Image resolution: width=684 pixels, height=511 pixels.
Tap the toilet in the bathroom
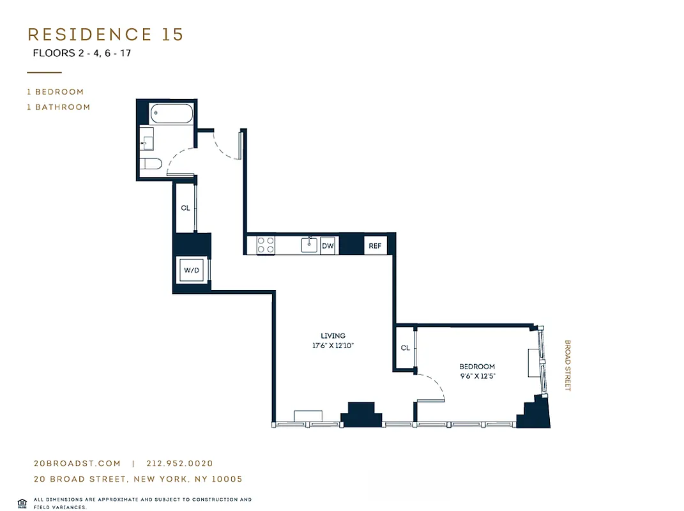[x=151, y=164]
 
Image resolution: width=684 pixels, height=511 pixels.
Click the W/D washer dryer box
[x=192, y=270]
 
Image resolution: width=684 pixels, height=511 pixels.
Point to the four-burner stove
[x=266, y=245]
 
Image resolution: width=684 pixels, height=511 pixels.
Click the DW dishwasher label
[x=328, y=245]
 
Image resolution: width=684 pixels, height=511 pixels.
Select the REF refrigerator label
[x=374, y=245]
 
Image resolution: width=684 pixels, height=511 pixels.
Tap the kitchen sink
[x=309, y=244]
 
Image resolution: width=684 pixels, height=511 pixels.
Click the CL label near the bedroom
[x=405, y=348]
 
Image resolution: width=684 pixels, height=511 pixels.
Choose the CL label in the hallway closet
[x=185, y=208]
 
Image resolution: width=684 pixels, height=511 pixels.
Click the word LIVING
[x=333, y=336]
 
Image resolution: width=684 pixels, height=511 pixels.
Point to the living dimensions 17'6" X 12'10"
[x=333, y=346]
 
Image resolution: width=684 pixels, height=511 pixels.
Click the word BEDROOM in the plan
[x=477, y=367]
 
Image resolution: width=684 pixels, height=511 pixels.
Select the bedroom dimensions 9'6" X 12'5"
[x=477, y=376]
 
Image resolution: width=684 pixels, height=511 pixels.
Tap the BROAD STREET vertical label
[x=567, y=365]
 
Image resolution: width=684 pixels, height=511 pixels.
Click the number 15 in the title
[x=172, y=34]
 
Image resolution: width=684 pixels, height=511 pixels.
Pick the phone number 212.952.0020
[x=179, y=464]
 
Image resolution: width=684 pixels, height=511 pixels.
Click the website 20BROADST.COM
[x=77, y=464]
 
